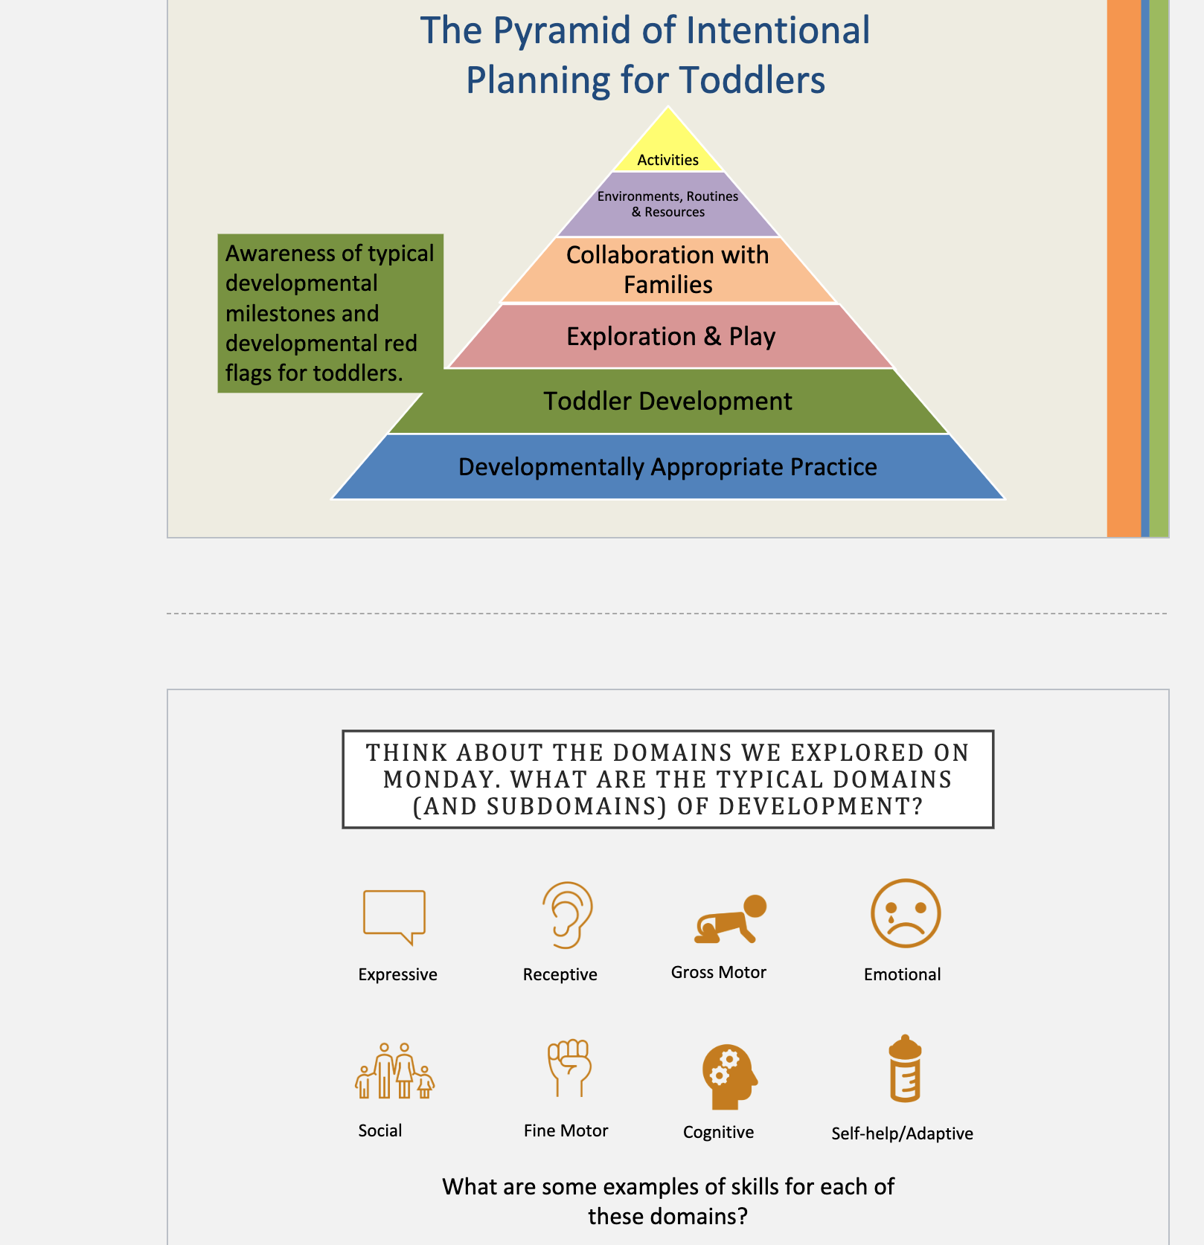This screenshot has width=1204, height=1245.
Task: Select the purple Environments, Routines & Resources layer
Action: (x=668, y=205)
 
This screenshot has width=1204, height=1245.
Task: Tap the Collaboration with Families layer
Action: (x=668, y=270)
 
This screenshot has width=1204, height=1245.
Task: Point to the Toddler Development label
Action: (x=667, y=402)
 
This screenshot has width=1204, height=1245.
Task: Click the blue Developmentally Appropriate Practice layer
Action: (x=668, y=466)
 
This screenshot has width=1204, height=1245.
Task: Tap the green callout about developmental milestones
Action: (x=330, y=313)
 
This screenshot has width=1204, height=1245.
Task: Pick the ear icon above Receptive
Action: (x=567, y=916)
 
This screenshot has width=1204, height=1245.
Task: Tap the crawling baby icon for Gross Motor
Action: (x=730, y=919)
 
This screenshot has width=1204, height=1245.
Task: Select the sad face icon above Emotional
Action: (x=906, y=913)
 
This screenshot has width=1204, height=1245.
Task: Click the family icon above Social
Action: (x=394, y=1071)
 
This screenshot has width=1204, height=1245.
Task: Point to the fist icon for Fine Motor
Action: (x=569, y=1068)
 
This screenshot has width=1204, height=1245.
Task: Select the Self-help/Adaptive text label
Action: (x=902, y=1133)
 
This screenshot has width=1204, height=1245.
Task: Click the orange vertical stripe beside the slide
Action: (x=1124, y=268)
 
